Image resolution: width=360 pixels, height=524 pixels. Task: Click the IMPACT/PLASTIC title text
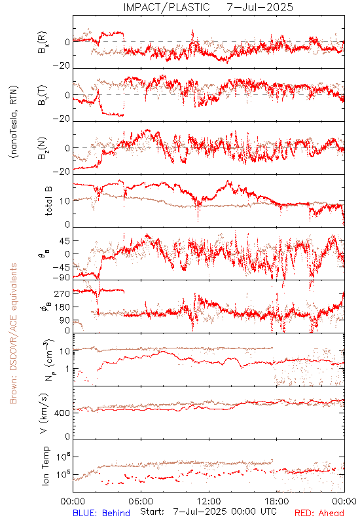166,7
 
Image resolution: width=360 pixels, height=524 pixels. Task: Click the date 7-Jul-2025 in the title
260,7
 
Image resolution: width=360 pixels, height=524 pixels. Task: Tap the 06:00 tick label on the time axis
141,501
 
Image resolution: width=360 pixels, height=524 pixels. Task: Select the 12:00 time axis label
209,501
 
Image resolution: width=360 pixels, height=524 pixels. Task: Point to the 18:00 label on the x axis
277,501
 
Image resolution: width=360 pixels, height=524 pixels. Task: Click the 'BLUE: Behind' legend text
101,513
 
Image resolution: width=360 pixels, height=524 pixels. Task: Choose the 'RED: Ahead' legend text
319,513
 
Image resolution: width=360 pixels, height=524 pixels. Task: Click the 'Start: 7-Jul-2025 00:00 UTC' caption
208,512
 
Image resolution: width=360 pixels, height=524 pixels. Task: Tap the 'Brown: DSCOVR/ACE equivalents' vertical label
13,333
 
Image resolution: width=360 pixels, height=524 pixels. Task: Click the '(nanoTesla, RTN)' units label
14,121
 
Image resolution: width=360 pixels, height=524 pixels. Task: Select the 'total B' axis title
48,201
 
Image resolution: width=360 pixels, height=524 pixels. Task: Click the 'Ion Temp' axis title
45,466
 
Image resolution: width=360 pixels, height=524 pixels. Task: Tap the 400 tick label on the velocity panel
62,413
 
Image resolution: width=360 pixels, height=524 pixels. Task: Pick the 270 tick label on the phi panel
62,293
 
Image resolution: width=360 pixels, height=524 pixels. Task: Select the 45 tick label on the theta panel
65,240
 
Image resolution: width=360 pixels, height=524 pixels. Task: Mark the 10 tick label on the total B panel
65,201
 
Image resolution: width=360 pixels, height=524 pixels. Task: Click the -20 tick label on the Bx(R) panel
62,66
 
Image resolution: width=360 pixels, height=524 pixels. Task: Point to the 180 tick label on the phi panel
62,307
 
